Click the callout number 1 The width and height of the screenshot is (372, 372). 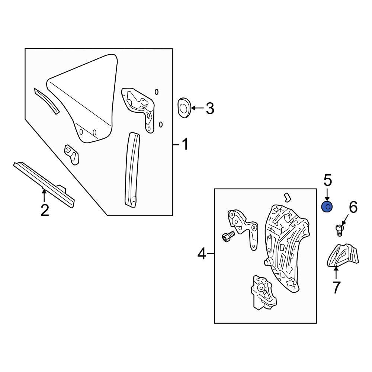185,144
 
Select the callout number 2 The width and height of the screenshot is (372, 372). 45,210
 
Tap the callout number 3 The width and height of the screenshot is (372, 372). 210,109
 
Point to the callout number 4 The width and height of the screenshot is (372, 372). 201,254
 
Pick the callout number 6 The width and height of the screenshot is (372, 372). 353,207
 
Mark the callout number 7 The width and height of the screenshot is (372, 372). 336,288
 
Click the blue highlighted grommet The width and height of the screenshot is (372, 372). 327,206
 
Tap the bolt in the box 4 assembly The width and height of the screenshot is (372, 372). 228,236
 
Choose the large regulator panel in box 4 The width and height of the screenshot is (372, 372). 285,246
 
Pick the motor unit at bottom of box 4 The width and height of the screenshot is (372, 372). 262,292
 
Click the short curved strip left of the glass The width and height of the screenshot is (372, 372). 46,100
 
